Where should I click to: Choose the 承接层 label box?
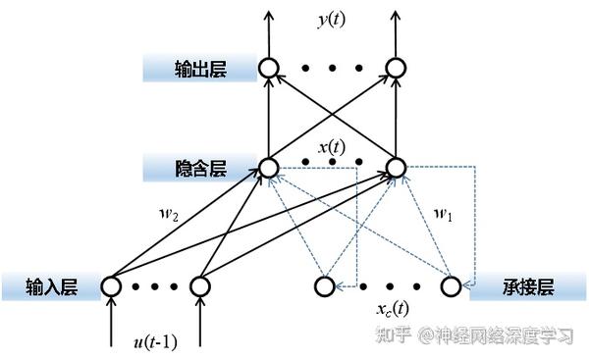pyautogui.click(x=531, y=286)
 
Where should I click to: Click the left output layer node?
pyautogui.click(x=269, y=68)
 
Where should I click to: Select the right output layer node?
pyautogui.click(x=396, y=68)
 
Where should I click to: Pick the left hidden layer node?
pyautogui.click(x=269, y=168)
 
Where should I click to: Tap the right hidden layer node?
pyautogui.click(x=396, y=168)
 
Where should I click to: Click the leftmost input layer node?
pyautogui.click(x=110, y=286)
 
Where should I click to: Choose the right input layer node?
pyautogui.click(x=200, y=286)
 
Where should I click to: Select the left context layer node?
pyautogui.click(x=324, y=286)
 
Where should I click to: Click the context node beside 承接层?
pyautogui.click(x=450, y=286)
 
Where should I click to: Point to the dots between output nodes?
pyautogui.click(x=332, y=68)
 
